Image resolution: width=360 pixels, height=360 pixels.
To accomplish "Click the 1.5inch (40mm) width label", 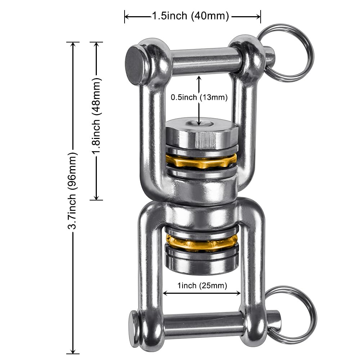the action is (x=190, y=16).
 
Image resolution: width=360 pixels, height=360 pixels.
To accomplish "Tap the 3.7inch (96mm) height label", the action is (x=72, y=190).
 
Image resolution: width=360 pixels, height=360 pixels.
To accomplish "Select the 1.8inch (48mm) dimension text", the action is (x=96, y=116).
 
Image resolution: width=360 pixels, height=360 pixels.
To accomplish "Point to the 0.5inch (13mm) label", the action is (x=199, y=97).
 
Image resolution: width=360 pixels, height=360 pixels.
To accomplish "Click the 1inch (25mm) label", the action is (x=202, y=285).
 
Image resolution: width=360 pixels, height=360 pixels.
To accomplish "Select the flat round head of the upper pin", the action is (x=136, y=64).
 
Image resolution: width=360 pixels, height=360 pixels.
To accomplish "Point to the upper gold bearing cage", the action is (x=201, y=160).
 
